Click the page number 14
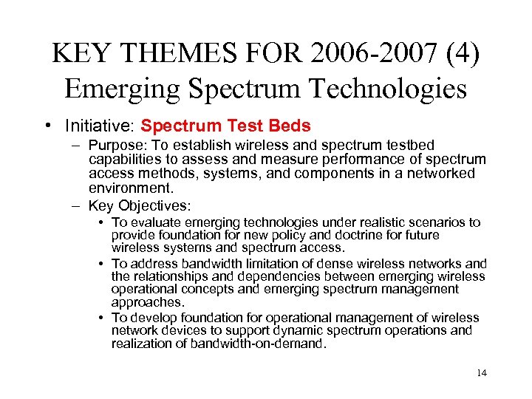(482, 372)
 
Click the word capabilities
(122, 159)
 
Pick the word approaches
(146, 301)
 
